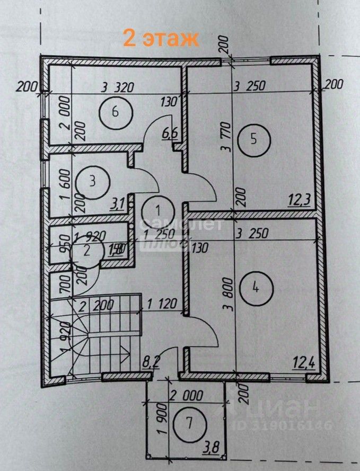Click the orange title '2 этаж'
coord(161,38)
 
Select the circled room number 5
coord(253,139)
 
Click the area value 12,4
coord(303,363)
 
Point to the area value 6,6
coord(170,134)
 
